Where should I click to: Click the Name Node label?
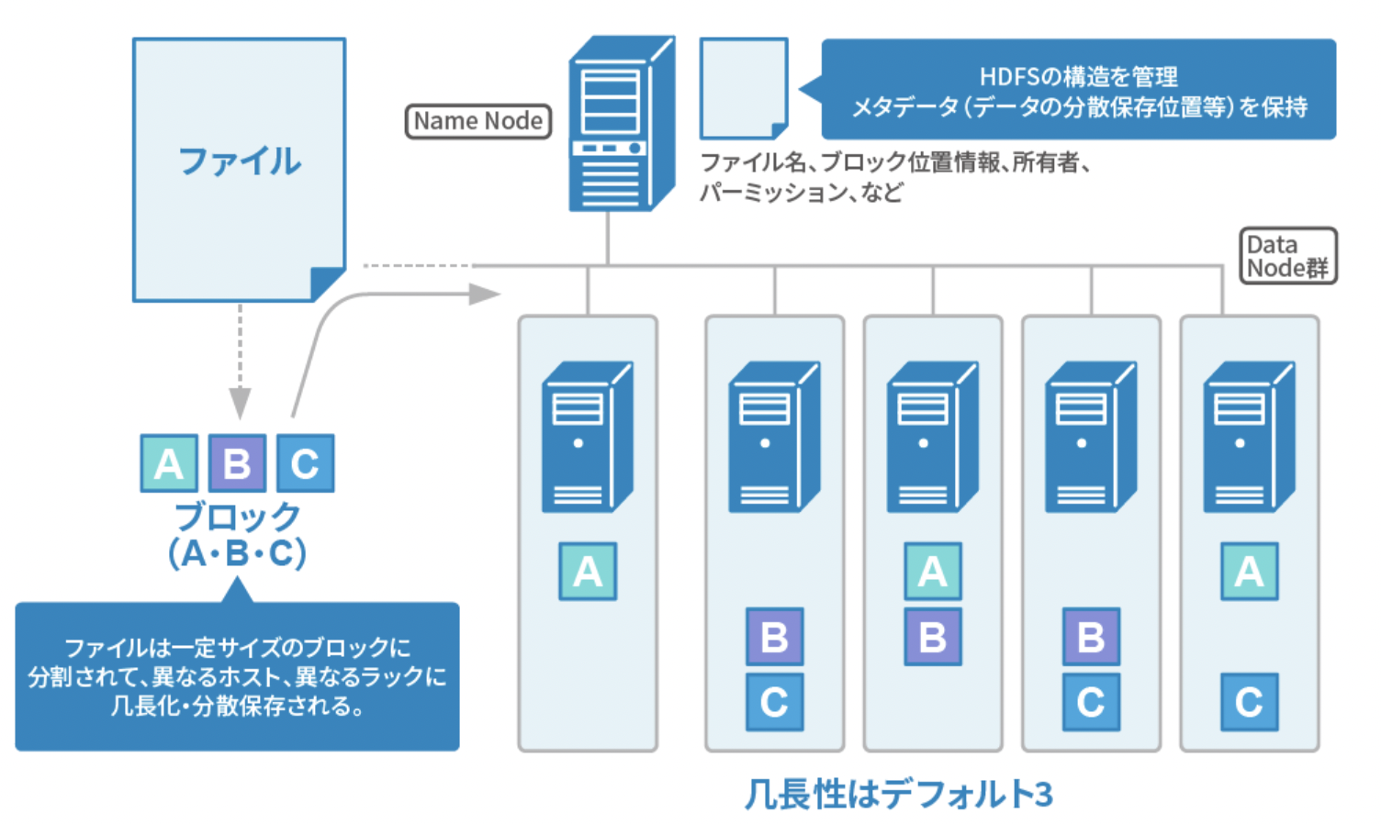click(477, 121)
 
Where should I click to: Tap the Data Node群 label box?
click(1287, 256)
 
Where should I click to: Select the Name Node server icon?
click(617, 124)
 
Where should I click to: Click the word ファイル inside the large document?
click(239, 161)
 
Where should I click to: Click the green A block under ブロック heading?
click(169, 463)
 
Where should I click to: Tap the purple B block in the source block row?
click(237, 463)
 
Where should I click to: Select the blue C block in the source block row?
click(305, 463)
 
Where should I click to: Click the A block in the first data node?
click(588, 571)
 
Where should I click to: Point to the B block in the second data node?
click(774, 636)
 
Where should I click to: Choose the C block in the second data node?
click(774, 702)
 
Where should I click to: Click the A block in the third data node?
click(932, 571)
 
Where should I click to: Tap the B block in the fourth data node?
click(1091, 636)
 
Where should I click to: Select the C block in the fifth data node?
click(1249, 702)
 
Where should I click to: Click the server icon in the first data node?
click(586, 437)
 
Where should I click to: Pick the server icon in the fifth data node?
click(1248, 437)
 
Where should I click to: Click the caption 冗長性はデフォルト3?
click(898, 794)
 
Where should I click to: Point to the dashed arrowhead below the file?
click(240, 403)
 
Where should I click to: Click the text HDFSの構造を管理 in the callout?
click(1078, 76)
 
